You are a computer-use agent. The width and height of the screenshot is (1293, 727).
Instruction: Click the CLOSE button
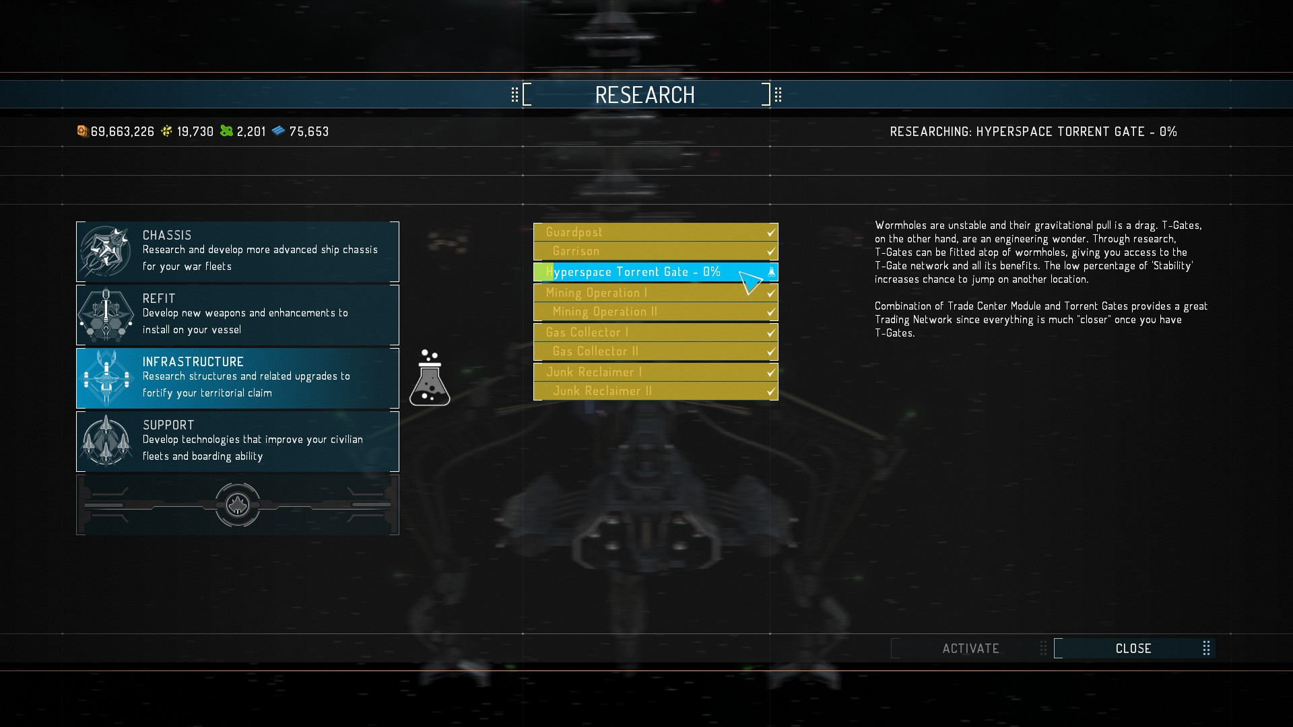(x=1133, y=648)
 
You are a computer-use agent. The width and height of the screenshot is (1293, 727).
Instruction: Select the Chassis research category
(x=238, y=251)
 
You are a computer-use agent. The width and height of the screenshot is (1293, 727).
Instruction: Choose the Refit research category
(x=238, y=314)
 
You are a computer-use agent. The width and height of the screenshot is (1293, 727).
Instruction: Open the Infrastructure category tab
(x=238, y=378)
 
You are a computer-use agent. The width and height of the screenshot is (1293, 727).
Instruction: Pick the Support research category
(x=238, y=441)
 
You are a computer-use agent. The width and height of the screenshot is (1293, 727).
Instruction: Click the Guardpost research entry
(x=655, y=232)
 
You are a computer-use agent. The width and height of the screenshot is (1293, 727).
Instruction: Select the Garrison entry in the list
(x=655, y=251)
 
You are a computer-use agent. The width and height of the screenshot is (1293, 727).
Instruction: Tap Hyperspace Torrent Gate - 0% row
(x=655, y=272)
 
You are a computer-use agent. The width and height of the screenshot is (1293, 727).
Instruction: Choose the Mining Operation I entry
(x=655, y=293)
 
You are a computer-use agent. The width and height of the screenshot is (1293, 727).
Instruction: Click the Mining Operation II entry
(x=655, y=312)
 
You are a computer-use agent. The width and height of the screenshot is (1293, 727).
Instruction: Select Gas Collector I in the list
(x=655, y=333)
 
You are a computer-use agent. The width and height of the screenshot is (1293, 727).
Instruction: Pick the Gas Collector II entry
(x=655, y=351)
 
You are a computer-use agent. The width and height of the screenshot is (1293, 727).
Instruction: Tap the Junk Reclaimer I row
(x=655, y=372)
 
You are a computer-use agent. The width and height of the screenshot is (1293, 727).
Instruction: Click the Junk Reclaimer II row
(x=655, y=391)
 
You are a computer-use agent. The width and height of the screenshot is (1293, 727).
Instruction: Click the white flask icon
(x=430, y=379)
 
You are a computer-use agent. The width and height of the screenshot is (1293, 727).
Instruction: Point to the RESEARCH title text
(x=645, y=95)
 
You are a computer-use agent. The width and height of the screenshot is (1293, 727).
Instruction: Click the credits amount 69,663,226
(x=122, y=132)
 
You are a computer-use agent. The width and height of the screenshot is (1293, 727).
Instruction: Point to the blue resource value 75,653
(x=308, y=132)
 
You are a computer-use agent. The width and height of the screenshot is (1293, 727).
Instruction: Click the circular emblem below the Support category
(x=238, y=504)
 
